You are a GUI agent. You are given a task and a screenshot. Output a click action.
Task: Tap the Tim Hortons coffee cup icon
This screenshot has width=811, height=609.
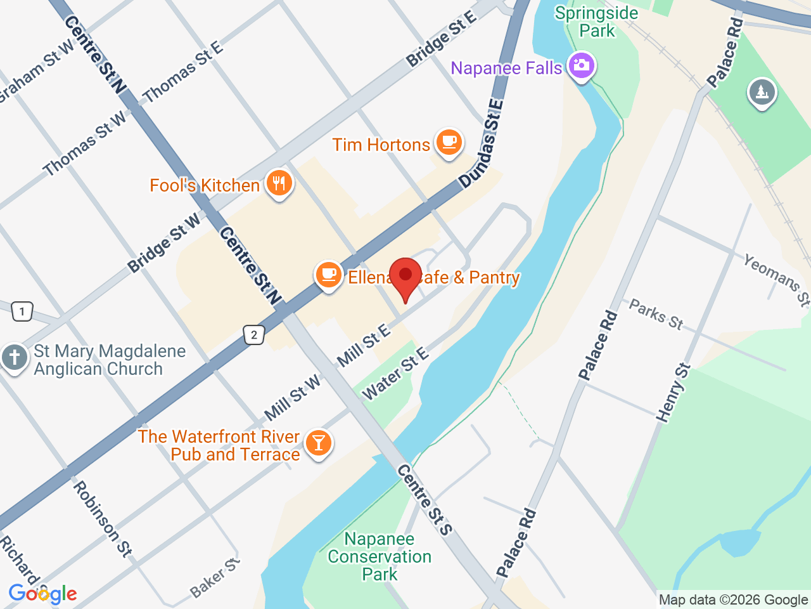[x=449, y=142]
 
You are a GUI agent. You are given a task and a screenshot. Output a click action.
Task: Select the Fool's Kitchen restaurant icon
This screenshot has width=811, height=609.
[x=279, y=183]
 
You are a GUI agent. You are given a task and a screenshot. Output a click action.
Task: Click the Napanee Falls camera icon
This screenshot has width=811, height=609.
[x=581, y=66]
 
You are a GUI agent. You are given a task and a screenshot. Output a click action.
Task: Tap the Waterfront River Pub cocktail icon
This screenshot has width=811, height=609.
[x=318, y=443]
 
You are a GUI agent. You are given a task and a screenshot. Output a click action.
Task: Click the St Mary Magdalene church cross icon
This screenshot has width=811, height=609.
[x=14, y=357]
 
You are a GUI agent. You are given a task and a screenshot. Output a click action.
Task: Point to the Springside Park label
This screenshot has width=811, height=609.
[x=596, y=22]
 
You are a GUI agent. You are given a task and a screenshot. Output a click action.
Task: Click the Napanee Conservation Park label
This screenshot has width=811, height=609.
[x=380, y=556]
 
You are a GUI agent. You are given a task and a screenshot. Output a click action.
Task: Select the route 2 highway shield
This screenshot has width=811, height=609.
[x=254, y=335]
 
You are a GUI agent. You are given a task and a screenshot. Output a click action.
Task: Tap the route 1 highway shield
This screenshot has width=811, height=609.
[x=22, y=311]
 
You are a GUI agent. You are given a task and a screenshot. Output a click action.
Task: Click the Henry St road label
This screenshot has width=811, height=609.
[x=673, y=393]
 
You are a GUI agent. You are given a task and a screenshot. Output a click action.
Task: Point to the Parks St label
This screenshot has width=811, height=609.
[x=656, y=315]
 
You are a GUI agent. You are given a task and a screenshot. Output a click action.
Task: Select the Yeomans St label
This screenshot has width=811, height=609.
[x=776, y=280]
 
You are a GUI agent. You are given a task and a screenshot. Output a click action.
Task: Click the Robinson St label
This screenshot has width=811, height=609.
[x=102, y=519]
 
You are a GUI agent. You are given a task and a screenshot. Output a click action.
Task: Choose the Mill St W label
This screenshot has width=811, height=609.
[x=293, y=398]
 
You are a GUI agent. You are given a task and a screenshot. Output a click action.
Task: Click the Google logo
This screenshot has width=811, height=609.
[x=42, y=594]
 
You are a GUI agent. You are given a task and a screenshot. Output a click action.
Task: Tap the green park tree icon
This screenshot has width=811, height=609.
[x=762, y=93]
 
